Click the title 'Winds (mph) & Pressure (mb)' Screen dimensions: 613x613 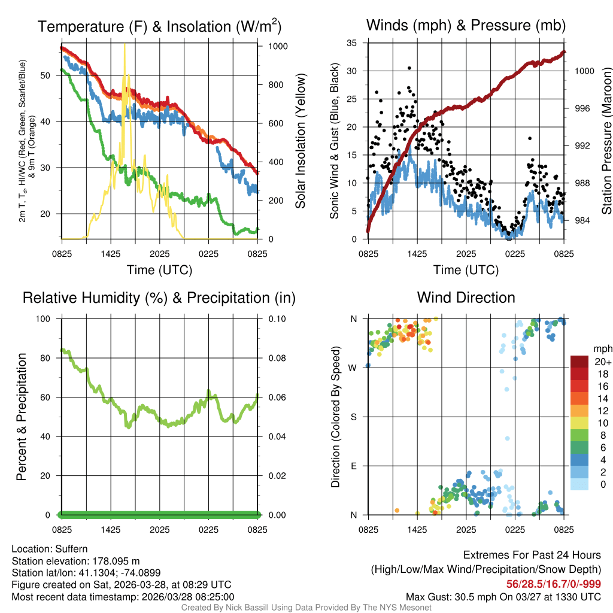click(x=466, y=26)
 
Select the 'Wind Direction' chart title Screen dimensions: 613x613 click(x=466, y=298)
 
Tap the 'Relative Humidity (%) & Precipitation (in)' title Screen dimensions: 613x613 click(x=159, y=298)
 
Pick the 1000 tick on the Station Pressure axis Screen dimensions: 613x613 click(x=584, y=71)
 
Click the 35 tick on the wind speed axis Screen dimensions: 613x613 click(x=352, y=43)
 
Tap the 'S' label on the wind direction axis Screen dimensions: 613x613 click(x=354, y=417)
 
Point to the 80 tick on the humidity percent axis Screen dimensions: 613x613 click(x=48, y=358)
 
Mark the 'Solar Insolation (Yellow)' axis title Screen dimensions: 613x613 click(x=301, y=141)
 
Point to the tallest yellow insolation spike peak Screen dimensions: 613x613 click(x=125, y=45)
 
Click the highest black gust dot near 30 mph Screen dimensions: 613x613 click(x=409, y=68)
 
